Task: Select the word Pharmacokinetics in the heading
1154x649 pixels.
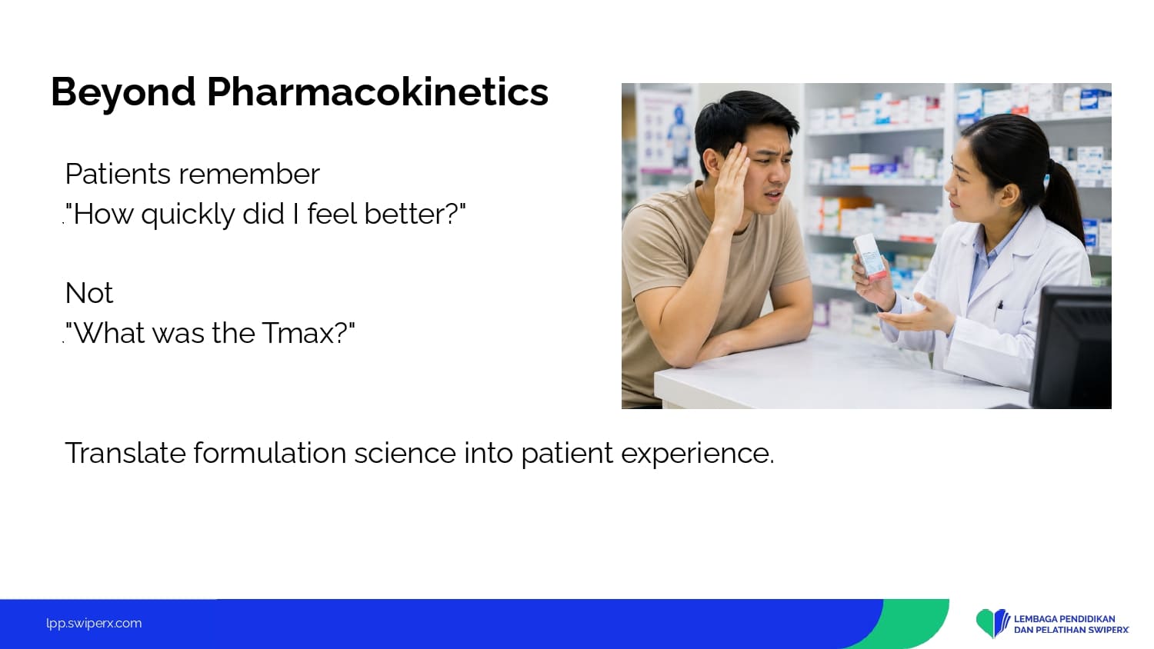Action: coord(378,92)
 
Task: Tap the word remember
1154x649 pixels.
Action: coord(248,174)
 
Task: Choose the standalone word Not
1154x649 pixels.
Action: coord(88,293)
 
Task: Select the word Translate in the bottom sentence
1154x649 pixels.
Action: coord(125,453)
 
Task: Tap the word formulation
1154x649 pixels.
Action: coord(269,453)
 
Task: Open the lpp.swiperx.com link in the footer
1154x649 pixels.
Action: coord(94,624)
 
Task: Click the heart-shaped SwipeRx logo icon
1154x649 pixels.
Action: coord(992,623)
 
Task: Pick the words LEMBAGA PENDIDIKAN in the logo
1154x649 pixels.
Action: coord(1064,618)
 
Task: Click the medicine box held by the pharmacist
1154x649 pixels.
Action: coord(869,257)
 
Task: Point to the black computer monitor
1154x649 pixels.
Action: coord(1072,347)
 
